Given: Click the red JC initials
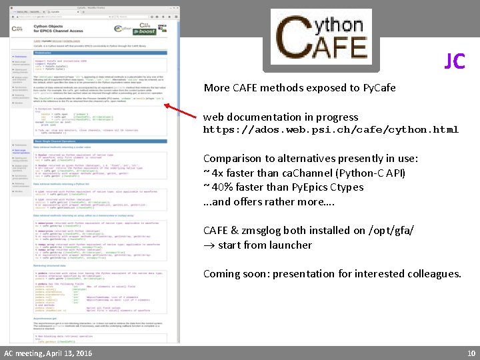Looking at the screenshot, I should coord(455,61).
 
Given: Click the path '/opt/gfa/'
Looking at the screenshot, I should coord(394,230).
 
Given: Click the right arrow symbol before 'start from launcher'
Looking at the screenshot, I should coord(209,245).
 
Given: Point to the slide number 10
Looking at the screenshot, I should coord(471,353).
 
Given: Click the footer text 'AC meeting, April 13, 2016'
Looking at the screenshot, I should coord(48,353).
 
